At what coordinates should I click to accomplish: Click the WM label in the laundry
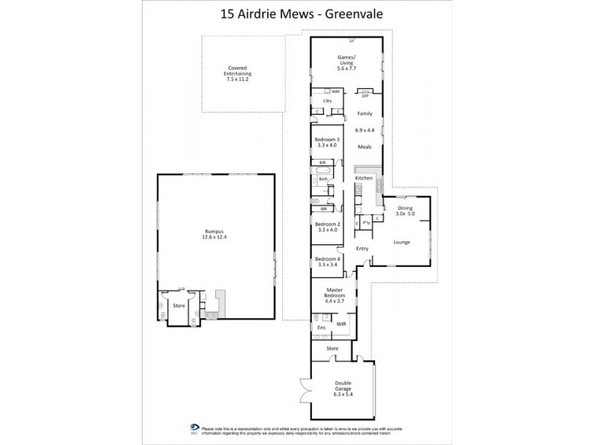coord(335,91)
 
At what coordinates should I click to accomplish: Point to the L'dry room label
coord(325,101)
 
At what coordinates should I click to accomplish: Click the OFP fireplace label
coord(365,96)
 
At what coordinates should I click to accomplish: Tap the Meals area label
coord(365,147)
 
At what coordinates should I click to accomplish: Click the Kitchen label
coord(363,179)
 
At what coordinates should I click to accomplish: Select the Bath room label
coord(323,179)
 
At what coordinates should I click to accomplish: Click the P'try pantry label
coord(368,222)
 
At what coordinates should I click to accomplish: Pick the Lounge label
coord(401,242)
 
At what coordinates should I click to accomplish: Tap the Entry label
coord(362,248)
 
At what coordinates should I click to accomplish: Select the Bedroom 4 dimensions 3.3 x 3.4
coord(327,264)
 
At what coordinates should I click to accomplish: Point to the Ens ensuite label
coord(322,327)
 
